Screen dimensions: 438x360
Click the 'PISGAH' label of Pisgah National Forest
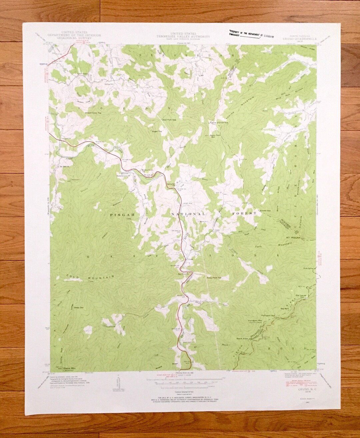122,215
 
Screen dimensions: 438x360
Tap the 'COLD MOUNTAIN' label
91,277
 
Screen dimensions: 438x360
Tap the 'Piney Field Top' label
214,277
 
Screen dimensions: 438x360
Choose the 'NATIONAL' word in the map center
188,213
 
